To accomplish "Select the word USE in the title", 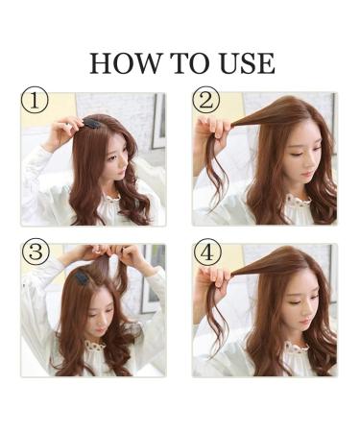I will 244,63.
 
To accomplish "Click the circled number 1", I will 35,101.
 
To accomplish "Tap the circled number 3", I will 35,253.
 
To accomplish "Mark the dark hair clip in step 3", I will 82,277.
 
